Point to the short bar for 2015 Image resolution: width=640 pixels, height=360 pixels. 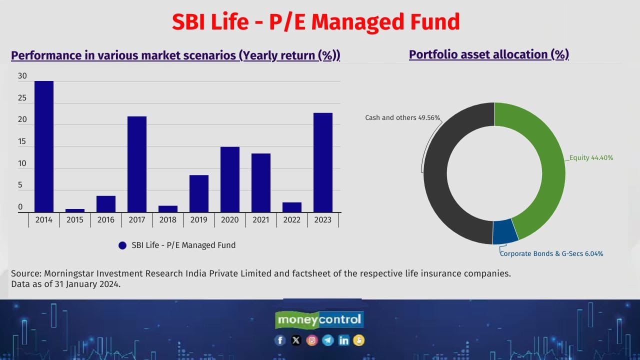pyautogui.click(x=75, y=210)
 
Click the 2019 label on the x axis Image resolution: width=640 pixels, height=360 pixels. pyautogui.click(x=199, y=220)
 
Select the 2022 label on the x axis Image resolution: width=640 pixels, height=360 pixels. pyautogui.click(x=292, y=220)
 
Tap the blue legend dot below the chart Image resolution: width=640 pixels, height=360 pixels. pyautogui.click(x=122, y=245)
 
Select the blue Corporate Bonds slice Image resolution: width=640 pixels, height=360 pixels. pyautogui.click(x=504, y=231)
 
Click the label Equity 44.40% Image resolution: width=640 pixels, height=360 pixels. pyautogui.click(x=591, y=158)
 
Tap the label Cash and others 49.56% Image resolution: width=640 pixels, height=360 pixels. pyautogui.click(x=402, y=118)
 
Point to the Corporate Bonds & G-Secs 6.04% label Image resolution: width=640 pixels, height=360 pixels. pyautogui.click(x=552, y=254)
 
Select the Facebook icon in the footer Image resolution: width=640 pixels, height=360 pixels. pyautogui.click(x=280, y=340)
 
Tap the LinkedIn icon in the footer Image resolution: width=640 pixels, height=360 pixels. pyautogui.click(x=343, y=340)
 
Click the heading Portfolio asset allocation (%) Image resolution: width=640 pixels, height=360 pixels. pyautogui.click(x=489, y=54)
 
